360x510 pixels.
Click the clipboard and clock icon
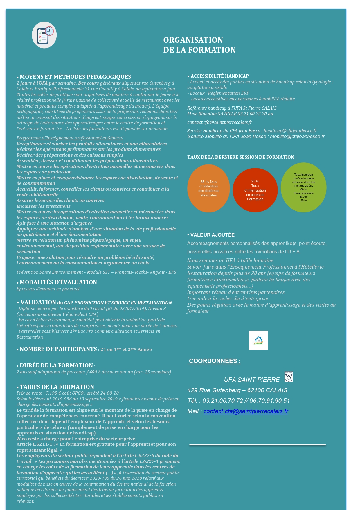[x=44, y=35]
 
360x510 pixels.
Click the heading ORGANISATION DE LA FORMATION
[x=199, y=45]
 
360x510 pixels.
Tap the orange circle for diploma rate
[x=208, y=188]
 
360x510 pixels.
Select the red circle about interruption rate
[x=255, y=190]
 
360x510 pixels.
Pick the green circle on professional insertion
[x=303, y=187]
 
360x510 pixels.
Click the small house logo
[x=258, y=340]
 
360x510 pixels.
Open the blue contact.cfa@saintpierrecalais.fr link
[x=246, y=411]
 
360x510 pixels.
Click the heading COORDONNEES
[x=214, y=361]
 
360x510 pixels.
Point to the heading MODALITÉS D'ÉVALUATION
[x=58, y=282]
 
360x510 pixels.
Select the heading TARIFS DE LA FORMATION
[x=57, y=387]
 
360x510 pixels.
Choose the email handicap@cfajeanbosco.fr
[x=290, y=131]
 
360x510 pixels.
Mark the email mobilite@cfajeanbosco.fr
[x=297, y=137]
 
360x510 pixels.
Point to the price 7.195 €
[x=53, y=393]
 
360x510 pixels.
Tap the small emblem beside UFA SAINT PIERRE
[x=289, y=377]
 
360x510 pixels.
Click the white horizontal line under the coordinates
[x=258, y=445]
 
